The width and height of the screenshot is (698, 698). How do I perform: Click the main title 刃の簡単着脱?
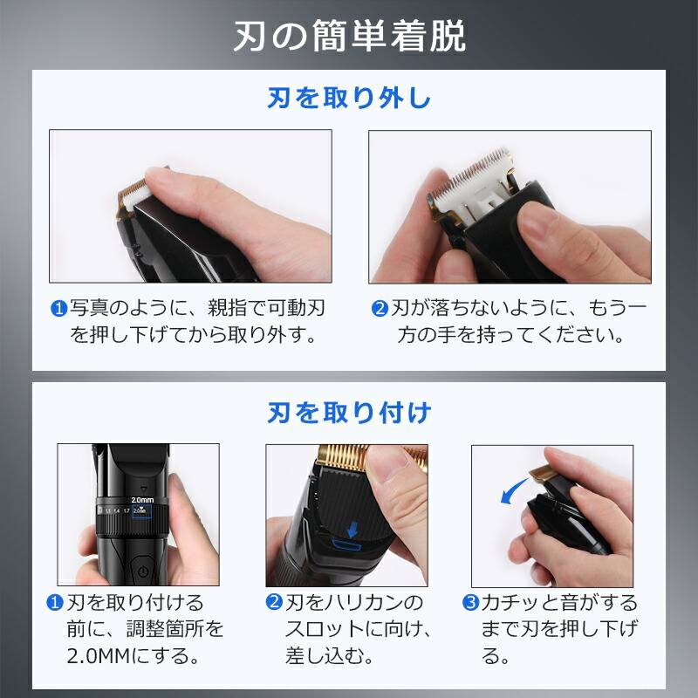click(x=350, y=37)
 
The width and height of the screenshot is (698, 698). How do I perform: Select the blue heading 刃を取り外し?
click(x=349, y=98)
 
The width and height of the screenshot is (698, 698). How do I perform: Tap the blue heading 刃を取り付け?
click(x=349, y=412)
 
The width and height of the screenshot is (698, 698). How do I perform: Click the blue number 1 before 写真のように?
click(x=58, y=308)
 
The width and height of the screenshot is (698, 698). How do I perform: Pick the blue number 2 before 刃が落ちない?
click(x=380, y=308)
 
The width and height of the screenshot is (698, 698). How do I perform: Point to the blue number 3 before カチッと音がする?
click(x=470, y=603)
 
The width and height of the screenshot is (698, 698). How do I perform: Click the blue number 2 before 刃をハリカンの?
click(x=274, y=602)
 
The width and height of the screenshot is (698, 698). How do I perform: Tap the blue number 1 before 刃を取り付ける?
click(x=55, y=602)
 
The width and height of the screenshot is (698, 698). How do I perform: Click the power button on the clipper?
click(x=143, y=571)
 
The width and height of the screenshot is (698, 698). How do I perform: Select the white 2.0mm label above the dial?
click(x=142, y=500)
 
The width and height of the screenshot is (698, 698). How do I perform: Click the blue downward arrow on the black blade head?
click(x=352, y=530)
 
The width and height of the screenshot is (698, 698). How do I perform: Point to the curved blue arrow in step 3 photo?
click(x=513, y=491)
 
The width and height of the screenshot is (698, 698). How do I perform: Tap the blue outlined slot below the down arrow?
click(x=346, y=544)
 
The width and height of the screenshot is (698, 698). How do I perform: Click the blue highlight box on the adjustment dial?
click(x=142, y=511)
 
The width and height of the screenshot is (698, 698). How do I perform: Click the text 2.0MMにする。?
click(x=133, y=656)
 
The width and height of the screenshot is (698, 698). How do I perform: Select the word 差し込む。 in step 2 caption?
click(x=329, y=656)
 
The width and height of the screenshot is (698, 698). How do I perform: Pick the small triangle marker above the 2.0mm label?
click(x=143, y=489)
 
